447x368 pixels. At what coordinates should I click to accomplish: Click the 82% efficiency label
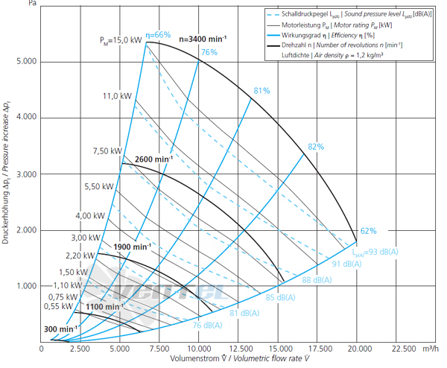coord(316,147)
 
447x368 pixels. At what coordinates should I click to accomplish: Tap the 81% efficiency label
coord(261,91)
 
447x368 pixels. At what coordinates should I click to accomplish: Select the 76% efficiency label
coord(209,52)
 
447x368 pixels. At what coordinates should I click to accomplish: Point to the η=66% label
coord(158,35)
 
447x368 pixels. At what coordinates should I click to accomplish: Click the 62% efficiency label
coord(368,231)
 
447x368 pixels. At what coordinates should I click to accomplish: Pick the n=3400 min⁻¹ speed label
coord(203,39)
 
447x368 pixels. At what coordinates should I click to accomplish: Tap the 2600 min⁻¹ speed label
coord(153,159)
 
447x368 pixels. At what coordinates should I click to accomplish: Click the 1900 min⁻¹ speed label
coord(133,247)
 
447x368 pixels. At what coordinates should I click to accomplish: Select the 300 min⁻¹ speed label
coord(60,329)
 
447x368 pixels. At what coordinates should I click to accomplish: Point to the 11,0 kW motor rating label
coord(117,96)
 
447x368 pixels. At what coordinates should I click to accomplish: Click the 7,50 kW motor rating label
coord(107,151)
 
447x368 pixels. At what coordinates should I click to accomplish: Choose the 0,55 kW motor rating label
coord(58,306)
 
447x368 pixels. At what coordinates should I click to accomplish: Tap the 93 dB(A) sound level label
coord(375,252)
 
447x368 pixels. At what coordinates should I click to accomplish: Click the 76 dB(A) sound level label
coord(207,326)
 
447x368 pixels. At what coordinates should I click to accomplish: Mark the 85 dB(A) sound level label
coord(281,297)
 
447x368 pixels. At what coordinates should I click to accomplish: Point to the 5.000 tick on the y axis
coord(27,62)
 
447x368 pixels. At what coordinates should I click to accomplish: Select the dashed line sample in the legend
coord(273,14)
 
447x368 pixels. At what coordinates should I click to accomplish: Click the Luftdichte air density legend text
coord(332,55)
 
